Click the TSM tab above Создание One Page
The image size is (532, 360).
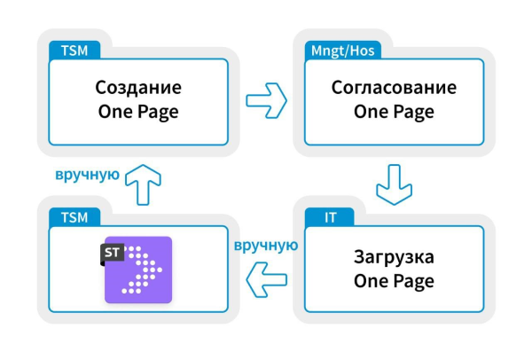coord(74,50)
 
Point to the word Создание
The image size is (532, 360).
coord(137,89)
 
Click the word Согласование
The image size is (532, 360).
coord(394,89)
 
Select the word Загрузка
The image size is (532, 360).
coord(394,257)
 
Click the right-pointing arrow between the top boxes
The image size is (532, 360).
coord(264,99)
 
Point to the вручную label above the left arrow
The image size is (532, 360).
coord(263,246)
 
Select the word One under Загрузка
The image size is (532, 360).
coord(372,282)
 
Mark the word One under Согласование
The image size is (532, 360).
coord(372,113)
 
